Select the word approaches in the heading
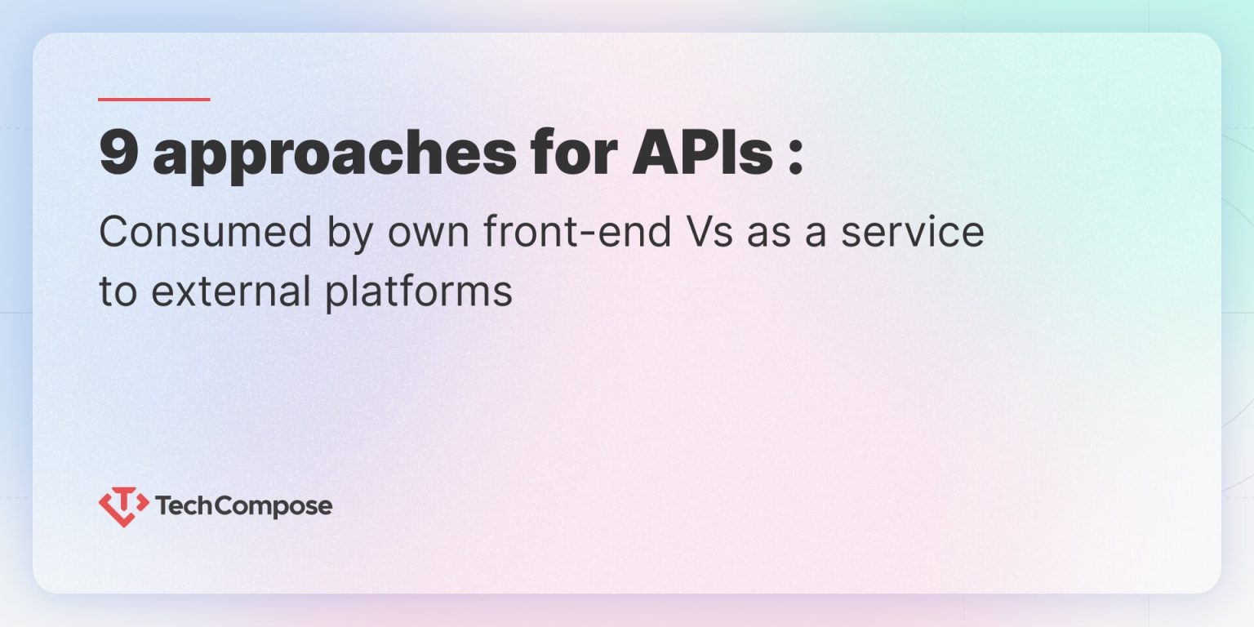[x=335, y=155]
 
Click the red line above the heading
[x=154, y=100]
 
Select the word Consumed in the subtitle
[x=206, y=233]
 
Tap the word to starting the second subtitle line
[x=118, y=291]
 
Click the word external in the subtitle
[x=232, y=291]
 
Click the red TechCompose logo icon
[x=123, y=506]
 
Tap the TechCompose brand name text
[x=243, y=507]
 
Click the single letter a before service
[x=821, y=235]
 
